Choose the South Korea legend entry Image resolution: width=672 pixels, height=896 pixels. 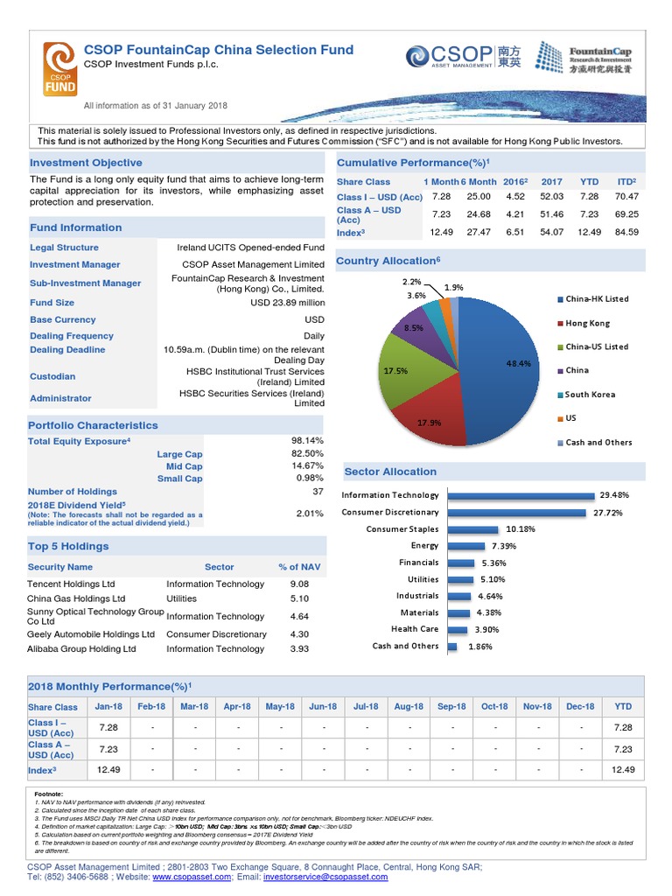tap(590, 395)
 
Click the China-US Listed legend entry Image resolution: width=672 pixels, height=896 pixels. tap(596, 346)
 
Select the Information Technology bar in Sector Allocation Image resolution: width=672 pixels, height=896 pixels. tap(520, 495)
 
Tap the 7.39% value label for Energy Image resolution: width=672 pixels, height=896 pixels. tap(504, 546)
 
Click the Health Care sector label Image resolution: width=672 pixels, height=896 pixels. tap(415, 629)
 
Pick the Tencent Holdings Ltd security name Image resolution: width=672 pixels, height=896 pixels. tap(71, 584)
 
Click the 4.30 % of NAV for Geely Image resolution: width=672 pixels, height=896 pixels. tap(299, 634)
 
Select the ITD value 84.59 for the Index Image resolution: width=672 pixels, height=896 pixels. tap(626, 232)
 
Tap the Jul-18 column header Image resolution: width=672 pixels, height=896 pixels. tap(365, 706)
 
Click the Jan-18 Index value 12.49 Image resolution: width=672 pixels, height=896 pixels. tap(109, 770)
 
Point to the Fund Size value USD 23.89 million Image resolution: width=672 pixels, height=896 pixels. tap(287, 303)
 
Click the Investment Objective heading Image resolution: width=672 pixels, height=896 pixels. tap(86, 163)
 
